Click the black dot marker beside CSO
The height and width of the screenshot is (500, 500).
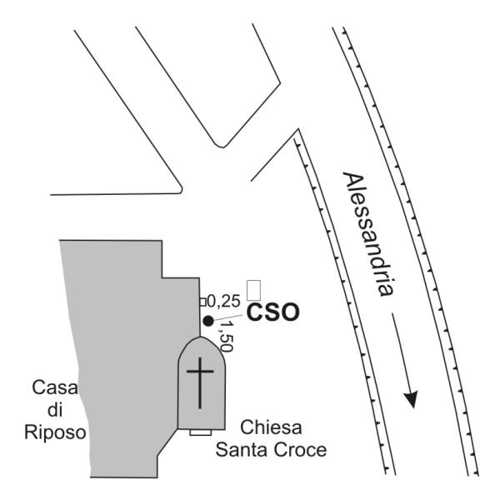point(207,321)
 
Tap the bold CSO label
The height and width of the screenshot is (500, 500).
point(272,314)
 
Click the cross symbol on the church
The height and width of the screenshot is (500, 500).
point(200,380)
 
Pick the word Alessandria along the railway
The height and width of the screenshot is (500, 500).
point(367,237)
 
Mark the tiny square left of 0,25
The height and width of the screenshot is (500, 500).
point(202,301)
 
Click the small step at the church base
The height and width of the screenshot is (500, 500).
point(200,432)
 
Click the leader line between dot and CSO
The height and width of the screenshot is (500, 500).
point(227,317)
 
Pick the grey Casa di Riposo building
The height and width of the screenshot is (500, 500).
point(117,333)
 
